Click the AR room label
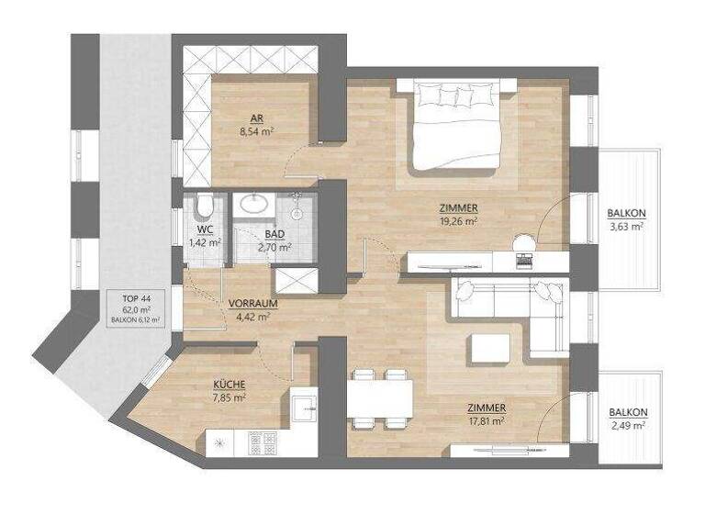tap(256, 117)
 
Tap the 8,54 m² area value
tap(256, 131)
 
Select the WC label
tap(205, 230)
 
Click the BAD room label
tap(274, 235)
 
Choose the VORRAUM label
tap(253, 303)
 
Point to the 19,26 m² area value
tap(458, 221)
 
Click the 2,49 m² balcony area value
tap(627, 426)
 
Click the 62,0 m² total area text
tap(135, 309)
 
